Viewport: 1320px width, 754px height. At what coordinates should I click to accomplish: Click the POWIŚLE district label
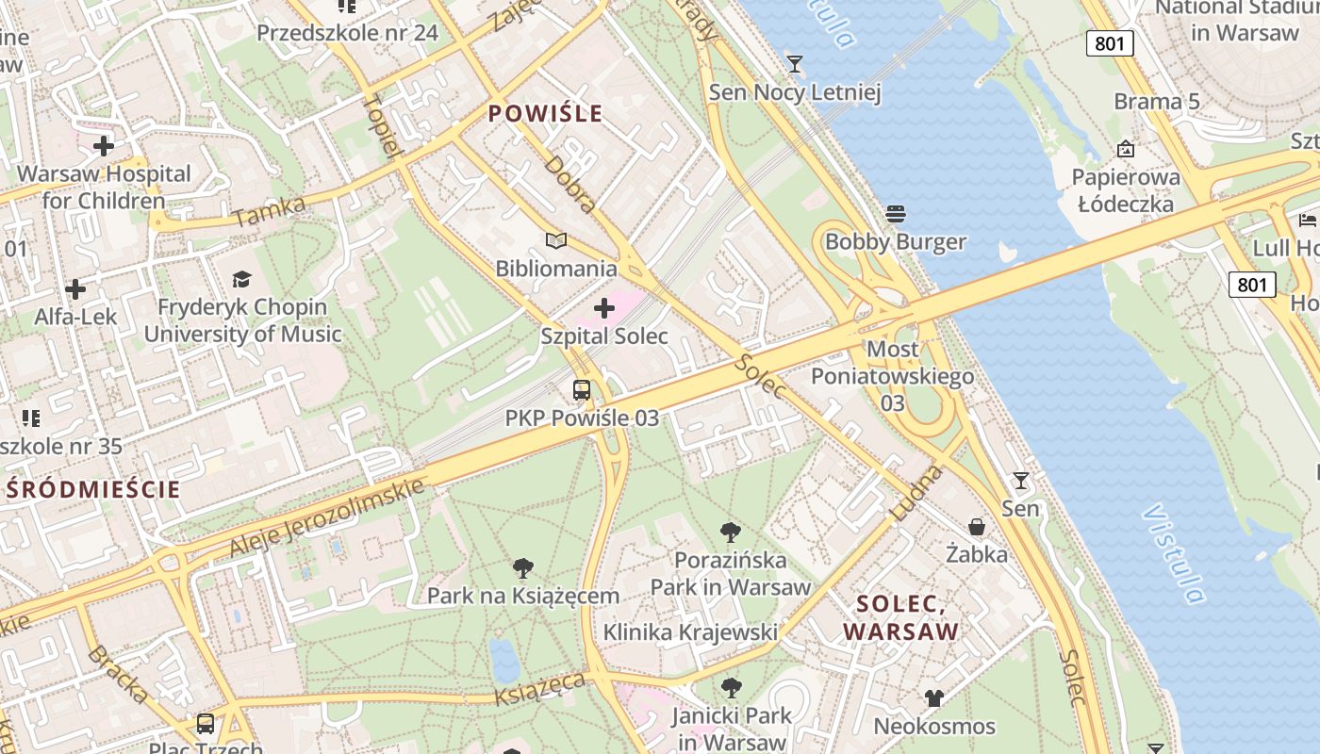pos(545,114)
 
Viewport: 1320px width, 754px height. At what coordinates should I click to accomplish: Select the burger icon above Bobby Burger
pos(896,214)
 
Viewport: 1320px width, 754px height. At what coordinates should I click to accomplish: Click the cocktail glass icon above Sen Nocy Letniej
pos(795,64)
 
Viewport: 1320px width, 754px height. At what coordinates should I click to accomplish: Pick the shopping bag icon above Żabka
pos(977,527)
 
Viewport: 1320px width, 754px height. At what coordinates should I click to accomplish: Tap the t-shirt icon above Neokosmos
pos(933,698)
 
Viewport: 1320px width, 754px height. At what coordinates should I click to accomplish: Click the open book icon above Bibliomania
pos(556,241)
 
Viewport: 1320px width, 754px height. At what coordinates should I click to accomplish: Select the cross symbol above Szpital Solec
pos(604,308)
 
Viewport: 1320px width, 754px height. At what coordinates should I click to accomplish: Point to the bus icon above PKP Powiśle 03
pos(582,390)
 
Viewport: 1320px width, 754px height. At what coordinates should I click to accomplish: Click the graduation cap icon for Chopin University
pos(242,279)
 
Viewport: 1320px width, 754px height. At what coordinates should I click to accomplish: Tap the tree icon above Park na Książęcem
pos(523,568)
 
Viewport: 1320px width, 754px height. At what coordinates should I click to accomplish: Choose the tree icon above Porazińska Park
pos(730,533)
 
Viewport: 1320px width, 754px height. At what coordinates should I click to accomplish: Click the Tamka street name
pos(270,211)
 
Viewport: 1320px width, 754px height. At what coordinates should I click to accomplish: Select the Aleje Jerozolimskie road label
pos(326,516)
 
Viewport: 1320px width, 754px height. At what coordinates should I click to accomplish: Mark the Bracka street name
pos(118,674)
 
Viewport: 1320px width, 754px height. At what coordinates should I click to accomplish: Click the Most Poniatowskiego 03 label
pos(892,376)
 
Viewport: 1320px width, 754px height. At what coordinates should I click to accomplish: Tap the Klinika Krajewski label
pos(690,631)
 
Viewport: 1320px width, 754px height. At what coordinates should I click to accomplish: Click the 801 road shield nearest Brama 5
pos(1110,42)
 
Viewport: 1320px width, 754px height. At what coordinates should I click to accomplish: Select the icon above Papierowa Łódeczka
pos(1125,149)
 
